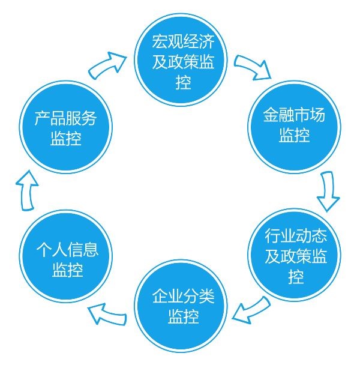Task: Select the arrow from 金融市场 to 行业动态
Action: point(328,192)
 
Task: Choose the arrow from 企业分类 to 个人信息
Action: point(108,312)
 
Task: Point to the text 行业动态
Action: point(294,237)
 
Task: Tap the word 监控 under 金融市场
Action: point(294,134)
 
